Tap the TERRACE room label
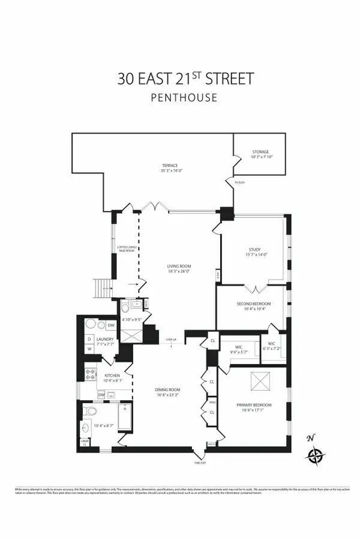click(x=169, y=166)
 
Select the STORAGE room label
click(x=260, y=152)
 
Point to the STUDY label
click(x=254, y=250)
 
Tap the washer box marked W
click(x=89, y=348)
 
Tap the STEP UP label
click(x=172, y=340)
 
